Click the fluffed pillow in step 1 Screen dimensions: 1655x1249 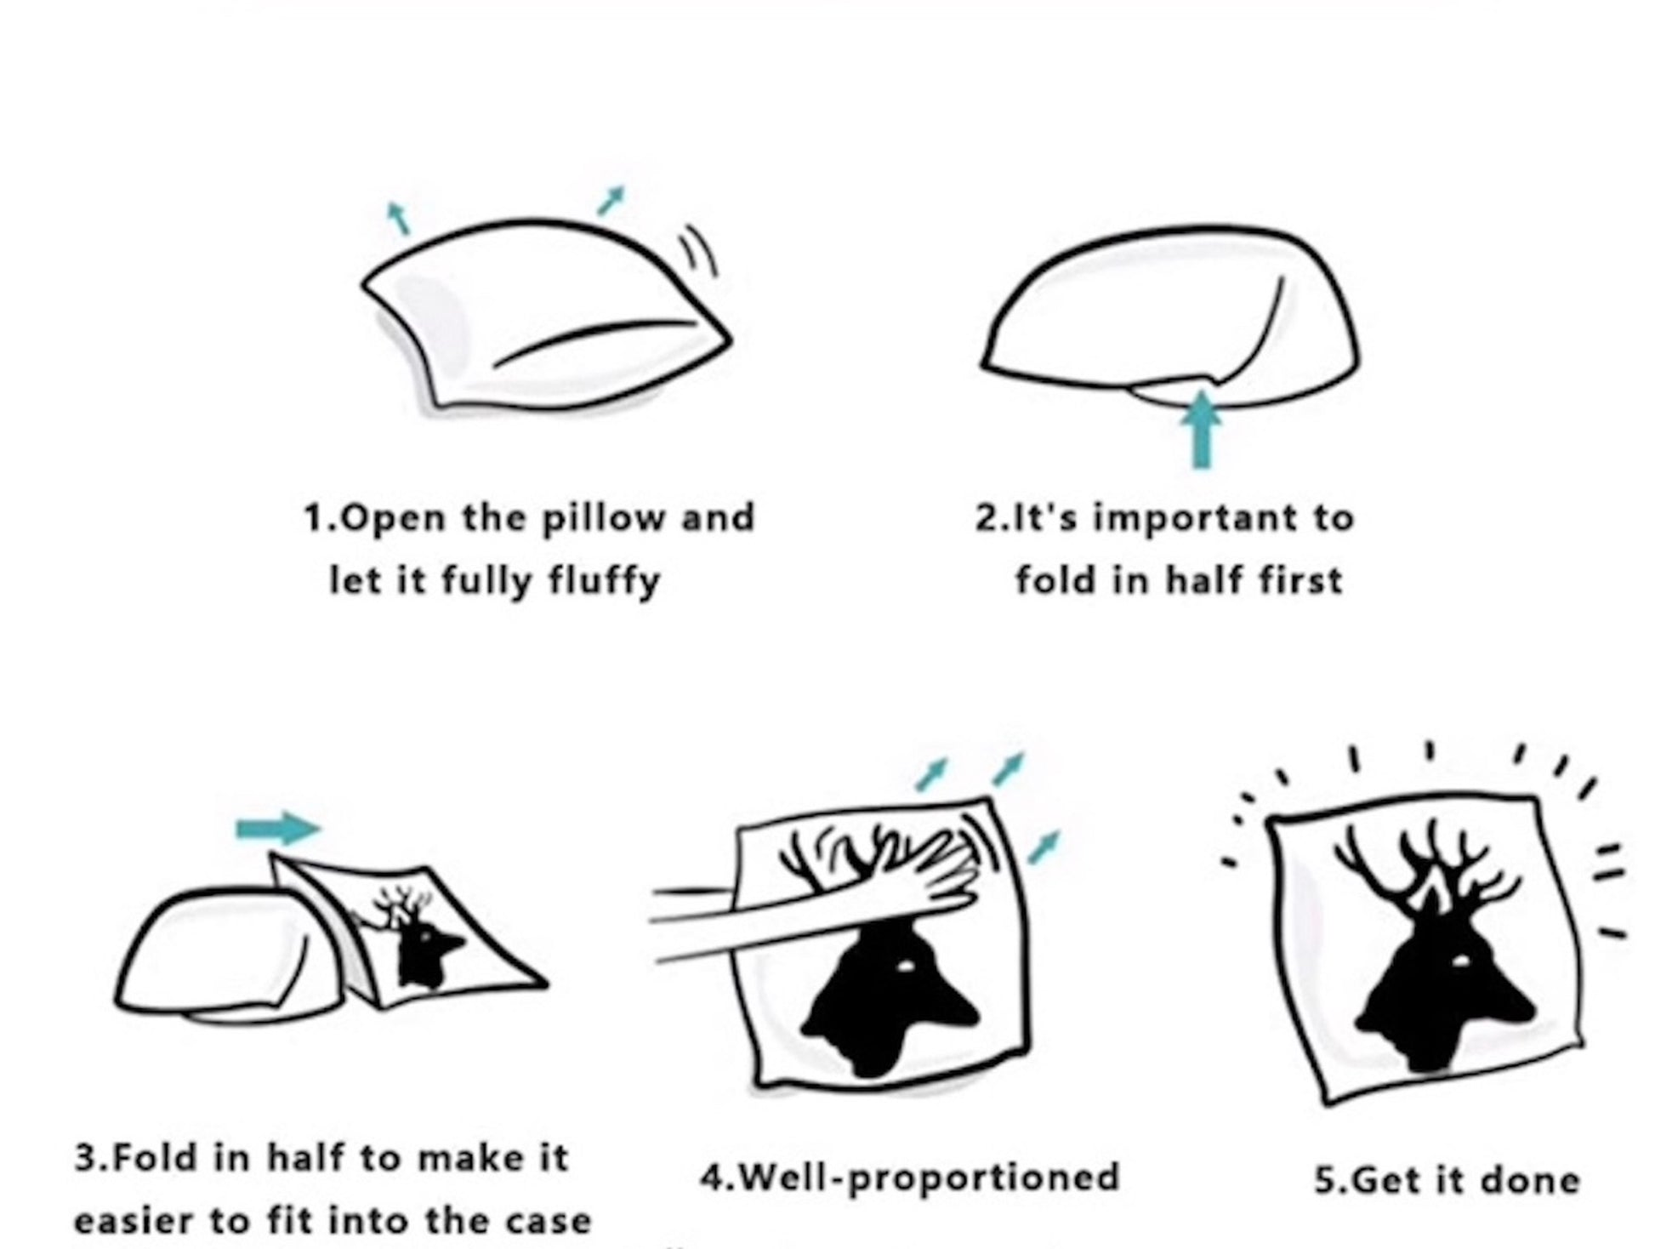544,315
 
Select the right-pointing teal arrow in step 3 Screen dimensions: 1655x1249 278,828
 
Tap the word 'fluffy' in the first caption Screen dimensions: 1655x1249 605,582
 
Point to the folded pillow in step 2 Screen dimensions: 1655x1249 1169,315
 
